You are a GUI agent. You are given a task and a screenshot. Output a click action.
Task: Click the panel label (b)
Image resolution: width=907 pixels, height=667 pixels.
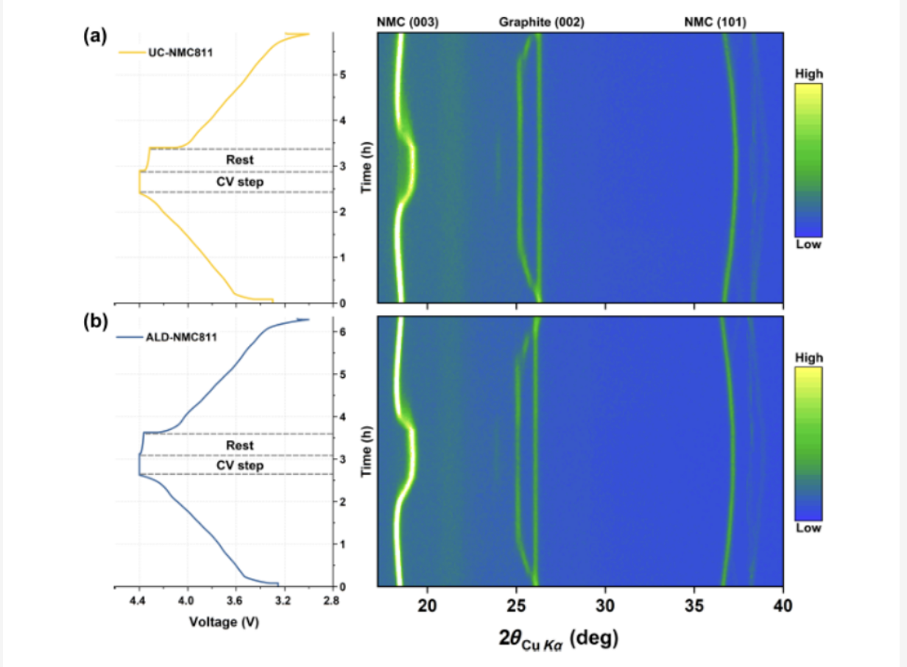(96, 324)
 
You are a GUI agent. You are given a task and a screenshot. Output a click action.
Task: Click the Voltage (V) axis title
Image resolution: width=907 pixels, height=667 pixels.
(224, 621)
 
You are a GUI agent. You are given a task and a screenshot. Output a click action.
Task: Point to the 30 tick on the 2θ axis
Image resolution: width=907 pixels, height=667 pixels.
(605, 605)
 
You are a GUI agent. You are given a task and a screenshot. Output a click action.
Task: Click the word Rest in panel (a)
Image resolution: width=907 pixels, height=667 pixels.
(240, 159)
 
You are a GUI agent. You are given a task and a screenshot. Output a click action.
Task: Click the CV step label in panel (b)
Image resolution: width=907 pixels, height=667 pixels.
(240, 465)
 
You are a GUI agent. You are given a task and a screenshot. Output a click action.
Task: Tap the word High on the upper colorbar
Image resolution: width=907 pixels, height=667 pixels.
(808, 74)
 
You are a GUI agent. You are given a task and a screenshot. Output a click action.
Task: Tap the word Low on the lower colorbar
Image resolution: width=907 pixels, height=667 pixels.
(808, 529)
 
